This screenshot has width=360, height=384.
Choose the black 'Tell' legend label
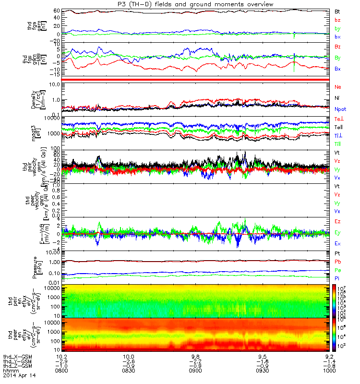pos(339,127)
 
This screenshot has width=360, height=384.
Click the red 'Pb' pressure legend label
pos(338,262)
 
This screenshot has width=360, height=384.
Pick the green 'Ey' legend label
pos(337,233)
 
